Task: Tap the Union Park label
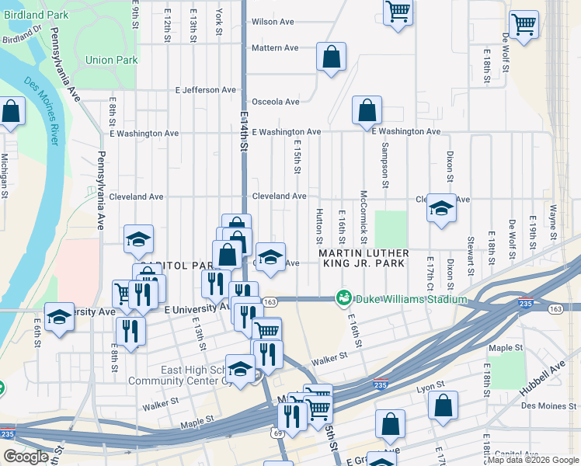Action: tap(112, 60)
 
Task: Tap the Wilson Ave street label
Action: tap(273, 22)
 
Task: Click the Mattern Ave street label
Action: tap(275, 48)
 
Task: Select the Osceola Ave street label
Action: tap(275, 102)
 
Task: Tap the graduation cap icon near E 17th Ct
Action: tap(441, 208)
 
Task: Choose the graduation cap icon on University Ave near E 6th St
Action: tap(59, 317)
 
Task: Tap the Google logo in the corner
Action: tap(26, 457)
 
